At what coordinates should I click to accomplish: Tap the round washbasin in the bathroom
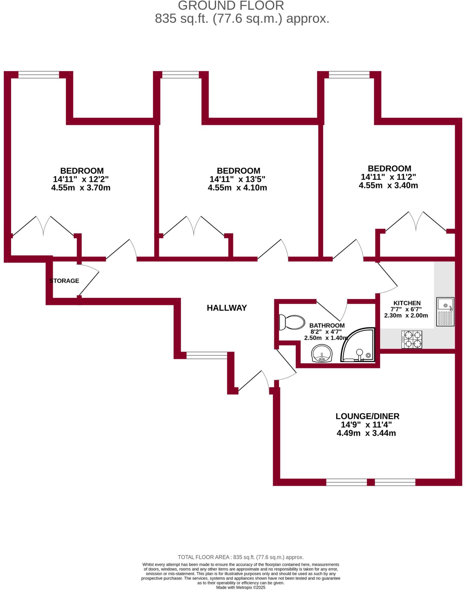pyautogui.click(x=322, y=353)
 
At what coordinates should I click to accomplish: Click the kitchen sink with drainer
pyautogui.click(x=445, y=312)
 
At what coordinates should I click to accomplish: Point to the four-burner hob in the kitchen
pyautogui.click(x=412, y=339)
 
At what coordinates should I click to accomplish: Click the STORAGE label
pyautogui.click(x=64, y=281)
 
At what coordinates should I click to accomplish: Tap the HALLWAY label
pyautogui.click(x=227, y=308)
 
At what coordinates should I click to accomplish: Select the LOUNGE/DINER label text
pyautogui.click(x=367, y=416)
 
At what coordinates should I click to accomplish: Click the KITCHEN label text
pyautogui.click(x=407, y=303)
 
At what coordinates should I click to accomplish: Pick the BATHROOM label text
pyautogui.click(x=327, y=326)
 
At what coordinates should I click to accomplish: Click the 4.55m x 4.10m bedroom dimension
pyautogui.click(x=237, y=188)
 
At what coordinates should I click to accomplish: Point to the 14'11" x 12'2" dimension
pyautogui.click(x=81, y=179)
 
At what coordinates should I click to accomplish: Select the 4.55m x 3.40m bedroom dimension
pyautogui.click(x=388, y=186)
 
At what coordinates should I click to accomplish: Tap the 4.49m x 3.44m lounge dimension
pyautogui.click(x=366, y=433)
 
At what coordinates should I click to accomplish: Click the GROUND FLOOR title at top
pyautogui.click(x=231, y=6)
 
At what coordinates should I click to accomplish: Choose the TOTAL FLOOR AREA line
pyautogui.click(x=241, y=557)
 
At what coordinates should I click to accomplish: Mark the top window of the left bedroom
pyautogui.click(x=39, y=75)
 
